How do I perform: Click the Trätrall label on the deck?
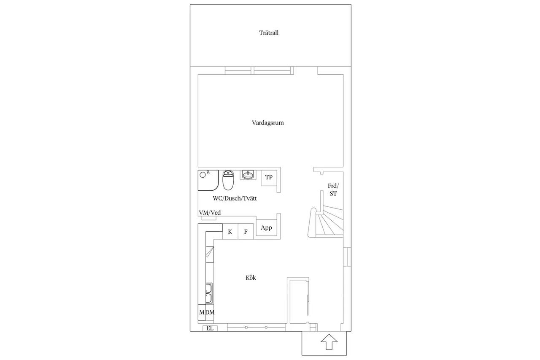pyautogui.click(x=269, y=33)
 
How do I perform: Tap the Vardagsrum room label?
pyautogui.click(x=267, y=123)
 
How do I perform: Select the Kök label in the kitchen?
pyautogui.click(x=251, y=278)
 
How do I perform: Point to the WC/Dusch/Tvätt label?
pyautogui.click(x=235, y=198)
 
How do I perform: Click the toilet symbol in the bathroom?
pyautogui.click(x=228, y=180)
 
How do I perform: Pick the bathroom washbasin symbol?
pyautogui.click(x=248, y=175)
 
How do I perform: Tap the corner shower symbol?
pyautogui.click(x=208, y=180)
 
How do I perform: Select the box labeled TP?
pyautogui.click(x=269, y=178)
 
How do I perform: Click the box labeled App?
pyautogui.click(x=266, y=227)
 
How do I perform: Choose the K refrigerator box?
pyautogui.click(x=230, y=231)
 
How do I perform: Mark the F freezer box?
pyautogui.click(x=246, y=231)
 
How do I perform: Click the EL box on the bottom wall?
pyautogui.click(x=210, y=328)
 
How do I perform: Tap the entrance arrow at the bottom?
pyautogui.click(x=329, y=342)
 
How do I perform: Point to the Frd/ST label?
pyautogui.click(x=333, y=190)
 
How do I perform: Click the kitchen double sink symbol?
pyautogui.click(x=209, y=293)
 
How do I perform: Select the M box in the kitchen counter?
pyautogui.click(x=202, y=312)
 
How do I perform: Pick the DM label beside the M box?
pyautogui.click(x=210, y=312)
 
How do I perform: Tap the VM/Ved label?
pyautogui.click(x=210, y=213)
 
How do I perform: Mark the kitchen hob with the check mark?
pyautogui.click(x=210, y=254)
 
